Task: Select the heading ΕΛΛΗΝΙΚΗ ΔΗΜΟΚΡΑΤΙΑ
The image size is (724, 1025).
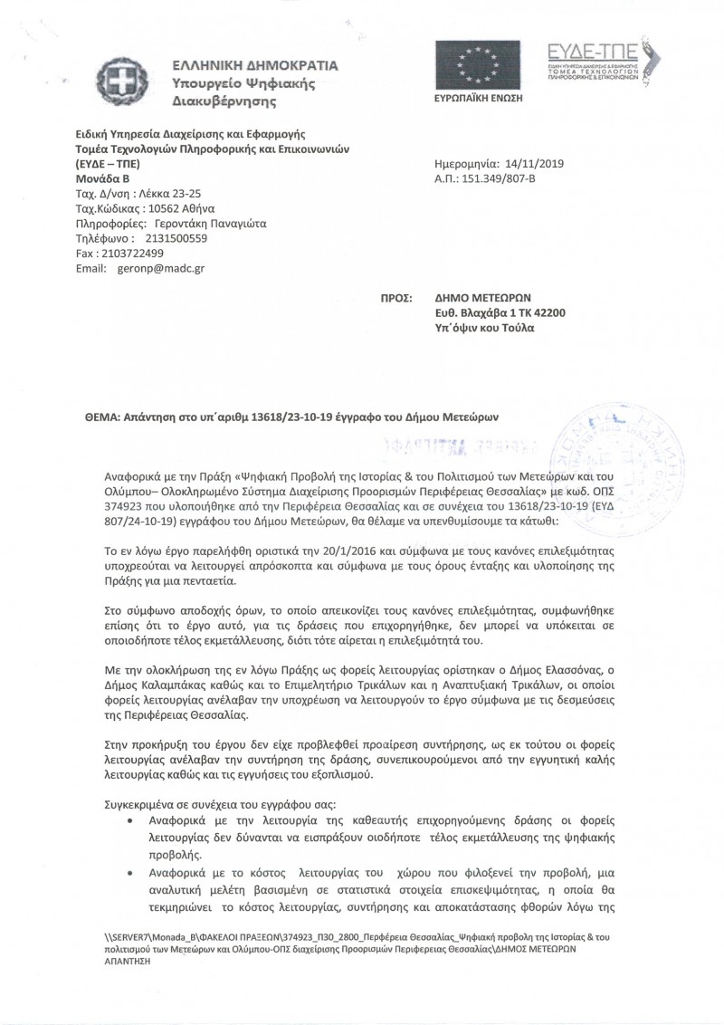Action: [256, 66]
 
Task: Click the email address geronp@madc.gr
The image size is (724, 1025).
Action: [165, 270]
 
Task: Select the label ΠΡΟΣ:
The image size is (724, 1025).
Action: [398, 296]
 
